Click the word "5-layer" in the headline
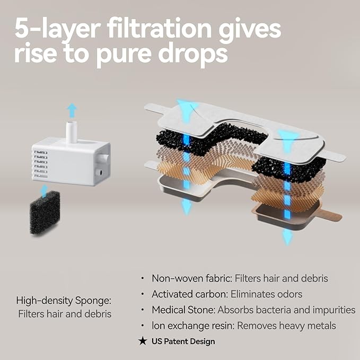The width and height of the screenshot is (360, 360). click(58, 29)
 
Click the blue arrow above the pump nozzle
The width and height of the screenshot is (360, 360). click(72, 110)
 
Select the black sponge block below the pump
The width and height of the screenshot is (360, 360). click(45, 213)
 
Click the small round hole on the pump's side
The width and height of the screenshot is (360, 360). click(99, 172)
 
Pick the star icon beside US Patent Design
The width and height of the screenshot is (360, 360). click(143, 341)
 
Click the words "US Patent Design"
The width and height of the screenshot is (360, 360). click(183, 341)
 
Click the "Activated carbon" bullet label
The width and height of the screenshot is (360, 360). click(190, 294)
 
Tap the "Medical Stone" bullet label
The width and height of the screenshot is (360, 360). click(183, 310)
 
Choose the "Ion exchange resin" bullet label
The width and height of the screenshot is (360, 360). click(193, 326)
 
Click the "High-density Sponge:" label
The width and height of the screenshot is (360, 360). click(64, 300)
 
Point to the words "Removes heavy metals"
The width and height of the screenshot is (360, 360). click(286, 326)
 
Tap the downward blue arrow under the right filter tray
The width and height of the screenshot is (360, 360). click(287, 238)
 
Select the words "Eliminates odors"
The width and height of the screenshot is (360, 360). click(266, 294)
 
